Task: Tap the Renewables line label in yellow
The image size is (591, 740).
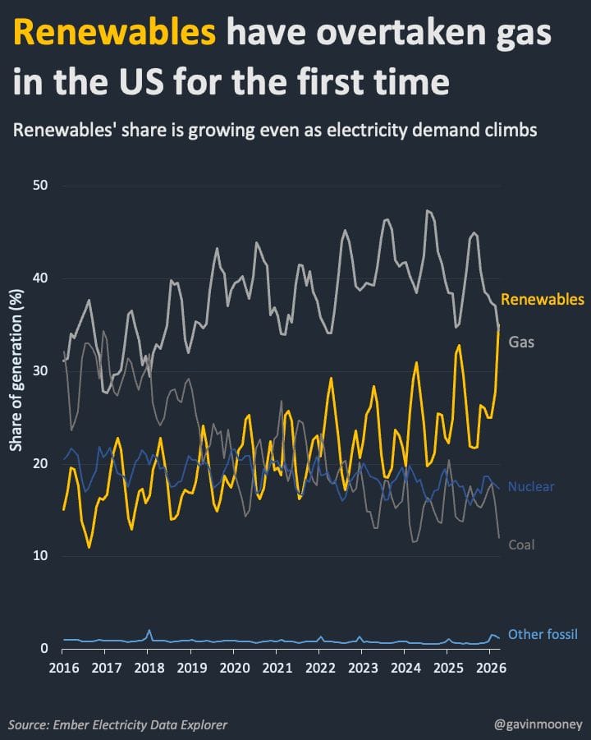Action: point(543,298)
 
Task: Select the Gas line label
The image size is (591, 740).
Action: point(521,341)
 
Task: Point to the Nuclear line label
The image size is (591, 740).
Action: point(532,487)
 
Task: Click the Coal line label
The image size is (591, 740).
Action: point(522,545)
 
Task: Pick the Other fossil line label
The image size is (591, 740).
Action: point(543,634)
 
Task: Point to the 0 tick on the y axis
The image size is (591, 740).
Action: point(45,649)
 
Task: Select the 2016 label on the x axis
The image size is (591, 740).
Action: point(62,667)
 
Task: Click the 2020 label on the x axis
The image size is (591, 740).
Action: point(234,667)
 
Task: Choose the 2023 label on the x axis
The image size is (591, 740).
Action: point(362,667)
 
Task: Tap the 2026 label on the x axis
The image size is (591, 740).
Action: point(489,667)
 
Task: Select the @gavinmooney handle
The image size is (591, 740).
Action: point(538,724)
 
